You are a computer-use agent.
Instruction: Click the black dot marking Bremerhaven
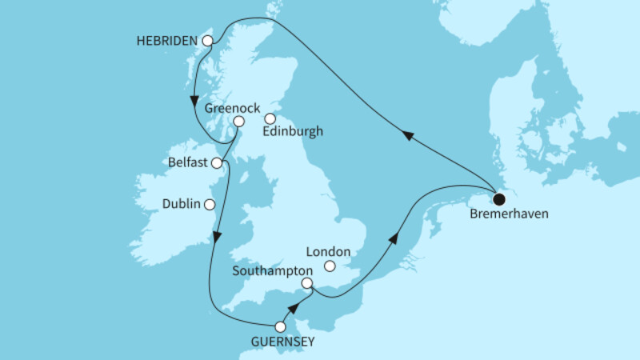point(499,199)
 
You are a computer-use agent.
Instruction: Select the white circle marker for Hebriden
point(207,40)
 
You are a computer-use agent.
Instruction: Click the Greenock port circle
point(238,121)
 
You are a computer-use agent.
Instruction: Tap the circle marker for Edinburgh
point(270,119)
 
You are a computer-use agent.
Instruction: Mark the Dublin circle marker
point(210,204)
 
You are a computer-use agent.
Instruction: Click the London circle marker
point(330,266)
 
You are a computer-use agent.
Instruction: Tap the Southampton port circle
point(306,283)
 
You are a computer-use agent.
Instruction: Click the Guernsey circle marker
point(279,326)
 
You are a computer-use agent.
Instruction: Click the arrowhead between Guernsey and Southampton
point(294,308)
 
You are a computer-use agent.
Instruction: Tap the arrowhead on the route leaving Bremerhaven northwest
point(408,137)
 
